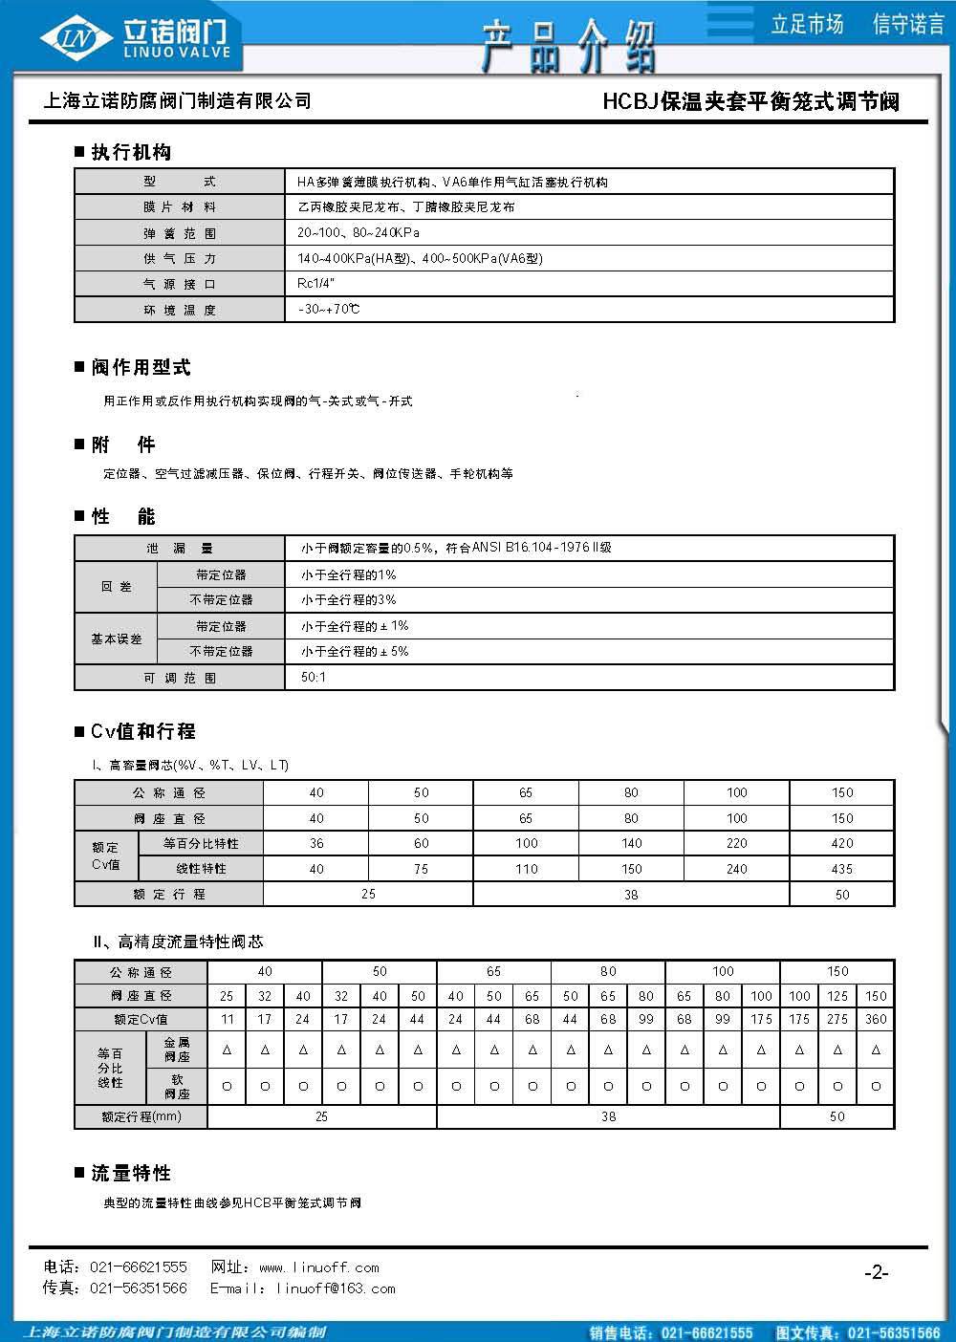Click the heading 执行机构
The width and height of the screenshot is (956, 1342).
point(131,152)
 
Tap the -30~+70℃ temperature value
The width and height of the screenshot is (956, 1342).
point(329,310)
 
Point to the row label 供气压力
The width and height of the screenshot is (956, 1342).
point(180,258)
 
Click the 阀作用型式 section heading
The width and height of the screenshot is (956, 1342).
point(141,367)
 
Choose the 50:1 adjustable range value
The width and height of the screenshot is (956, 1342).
point(314,677)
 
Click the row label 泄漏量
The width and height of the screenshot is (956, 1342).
point(180,549)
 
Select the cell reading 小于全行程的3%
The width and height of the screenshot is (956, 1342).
point(348,600)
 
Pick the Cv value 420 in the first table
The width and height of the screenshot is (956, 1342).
point(841,843)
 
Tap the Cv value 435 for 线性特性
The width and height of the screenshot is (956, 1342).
point(841,869)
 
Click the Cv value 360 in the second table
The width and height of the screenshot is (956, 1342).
point(876,1019)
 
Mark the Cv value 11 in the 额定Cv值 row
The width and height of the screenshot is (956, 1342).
point(227,1019)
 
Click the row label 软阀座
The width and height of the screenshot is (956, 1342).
point(177,1086)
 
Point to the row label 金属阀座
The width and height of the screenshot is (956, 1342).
point(177,1050)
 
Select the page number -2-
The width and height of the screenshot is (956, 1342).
point(876,1272)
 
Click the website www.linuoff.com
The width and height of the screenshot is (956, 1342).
point(319,1267)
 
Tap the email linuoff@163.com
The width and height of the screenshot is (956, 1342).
point(335,1288)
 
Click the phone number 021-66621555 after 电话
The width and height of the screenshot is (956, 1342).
point(139,1267)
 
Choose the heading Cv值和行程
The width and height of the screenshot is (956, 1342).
point(143,731)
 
